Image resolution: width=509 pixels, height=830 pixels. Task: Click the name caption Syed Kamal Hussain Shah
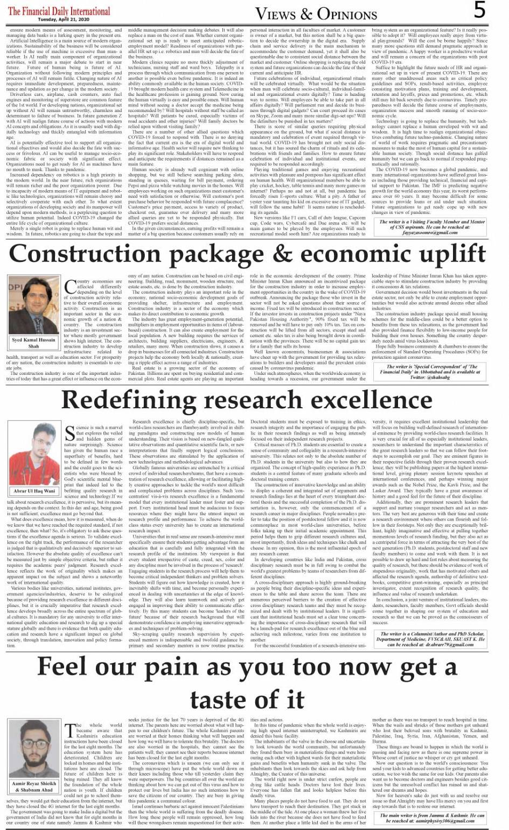pos(33,343)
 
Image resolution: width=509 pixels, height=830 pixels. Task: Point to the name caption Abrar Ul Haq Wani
pos(34,491)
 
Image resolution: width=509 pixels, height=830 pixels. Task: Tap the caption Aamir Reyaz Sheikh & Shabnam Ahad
pos(34,787)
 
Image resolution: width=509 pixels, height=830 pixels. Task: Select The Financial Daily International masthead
pos(59,10)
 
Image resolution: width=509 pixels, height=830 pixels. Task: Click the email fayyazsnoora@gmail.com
pos(431,232)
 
